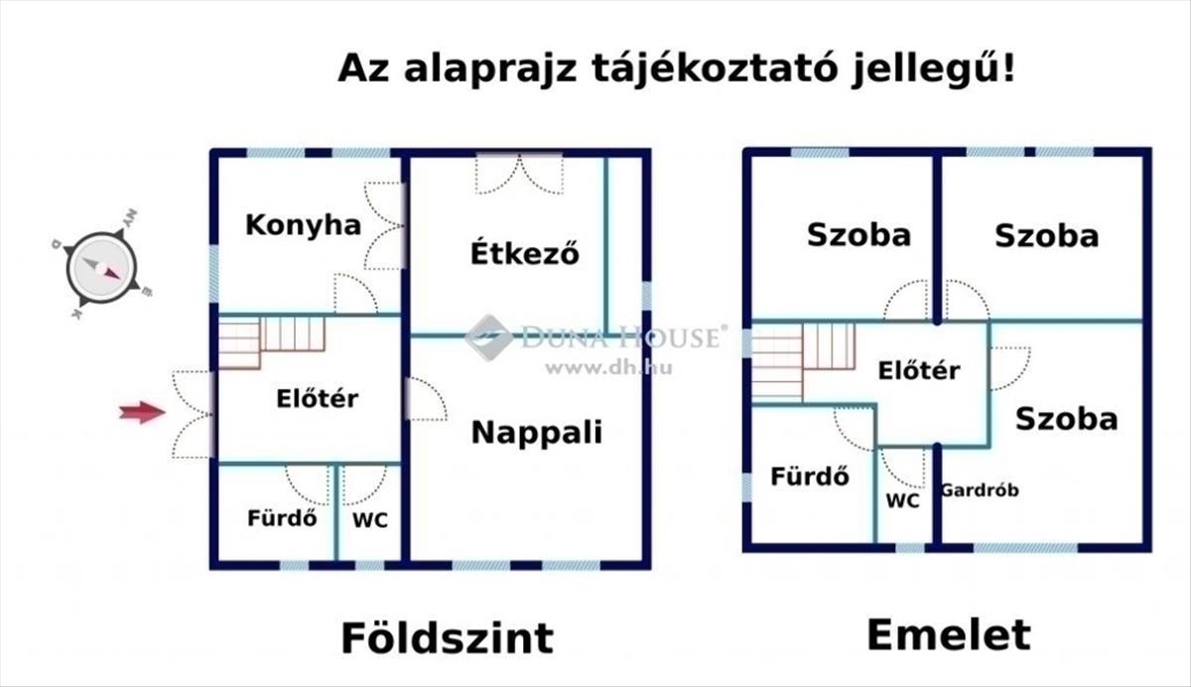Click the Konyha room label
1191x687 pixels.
303,225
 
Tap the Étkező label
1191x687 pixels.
524,253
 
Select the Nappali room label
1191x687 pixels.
536,433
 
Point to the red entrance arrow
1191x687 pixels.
142,412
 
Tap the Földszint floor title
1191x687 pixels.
447,636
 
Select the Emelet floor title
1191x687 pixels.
949,634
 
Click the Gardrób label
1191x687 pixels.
979,490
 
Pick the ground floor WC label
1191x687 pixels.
370,519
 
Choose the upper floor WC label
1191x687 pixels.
902,501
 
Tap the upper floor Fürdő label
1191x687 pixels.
809,477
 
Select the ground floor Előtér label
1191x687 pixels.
317,399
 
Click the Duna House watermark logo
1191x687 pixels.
488,337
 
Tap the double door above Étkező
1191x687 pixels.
519,174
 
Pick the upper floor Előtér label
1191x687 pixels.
919,370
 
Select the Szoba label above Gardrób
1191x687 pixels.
1066,419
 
